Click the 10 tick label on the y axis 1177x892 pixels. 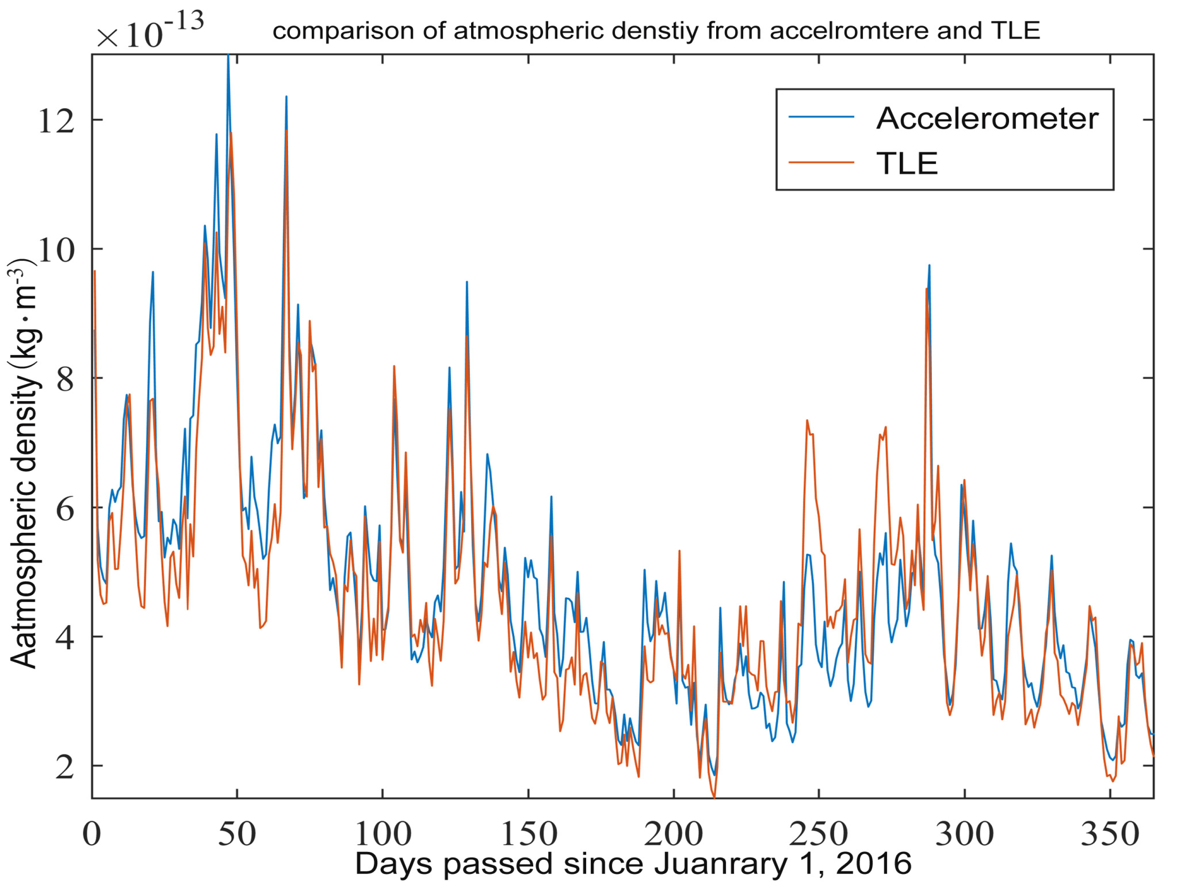pos(56,250)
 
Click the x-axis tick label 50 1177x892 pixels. pos(237,834)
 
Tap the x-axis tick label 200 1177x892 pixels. pos(674,834)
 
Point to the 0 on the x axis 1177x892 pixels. pos(92,834)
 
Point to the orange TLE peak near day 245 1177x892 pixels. pos(807,421)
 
